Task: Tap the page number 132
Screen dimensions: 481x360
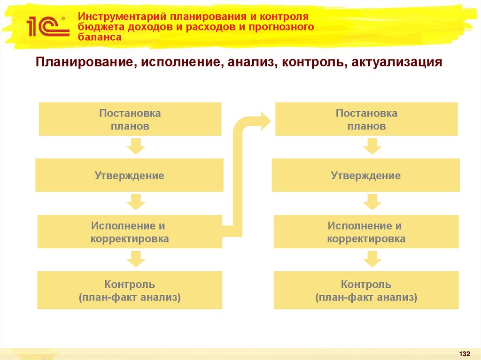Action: [x=464, y=353]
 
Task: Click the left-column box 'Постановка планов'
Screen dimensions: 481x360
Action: [x=130, y=119]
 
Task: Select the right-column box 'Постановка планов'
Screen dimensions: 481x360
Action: [x=366, y=119]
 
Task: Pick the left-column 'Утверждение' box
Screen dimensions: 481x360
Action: [x=129, y=176]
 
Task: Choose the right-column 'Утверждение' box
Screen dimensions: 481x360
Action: [x=366, y=176]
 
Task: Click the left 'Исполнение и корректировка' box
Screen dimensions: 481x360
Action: [x=129, y=232]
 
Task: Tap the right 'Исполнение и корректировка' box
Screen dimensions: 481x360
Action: [x=366, y=232]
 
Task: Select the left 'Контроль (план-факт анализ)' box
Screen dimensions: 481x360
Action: [x=130, y=290]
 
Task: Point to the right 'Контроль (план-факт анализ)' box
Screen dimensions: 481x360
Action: [x=366, y=290]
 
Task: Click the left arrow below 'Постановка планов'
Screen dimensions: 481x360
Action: [x=135, y=146]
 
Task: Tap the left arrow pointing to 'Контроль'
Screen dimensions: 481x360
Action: [x=135, y=259]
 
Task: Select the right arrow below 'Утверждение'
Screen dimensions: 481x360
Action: [x=372, y=203]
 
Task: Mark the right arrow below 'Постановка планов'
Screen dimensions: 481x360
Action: [x=372, y=146]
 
